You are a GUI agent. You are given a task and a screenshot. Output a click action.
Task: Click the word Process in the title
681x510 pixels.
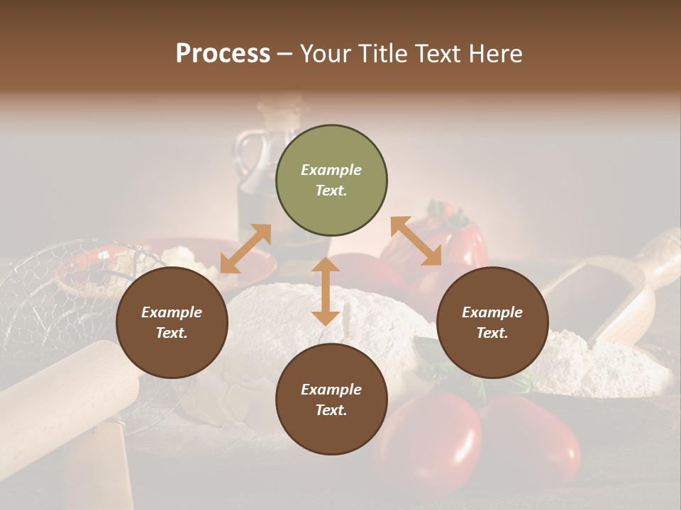(223, 53)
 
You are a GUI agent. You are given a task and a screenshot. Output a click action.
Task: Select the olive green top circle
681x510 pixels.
(331, 181)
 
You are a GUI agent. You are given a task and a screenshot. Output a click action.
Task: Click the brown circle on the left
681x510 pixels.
(172, 323)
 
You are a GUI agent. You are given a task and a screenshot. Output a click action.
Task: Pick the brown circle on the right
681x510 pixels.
(492, 323)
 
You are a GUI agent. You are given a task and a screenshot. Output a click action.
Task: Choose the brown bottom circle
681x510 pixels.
(331, 399)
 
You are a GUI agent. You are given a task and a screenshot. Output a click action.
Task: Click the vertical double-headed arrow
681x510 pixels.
(326, 291)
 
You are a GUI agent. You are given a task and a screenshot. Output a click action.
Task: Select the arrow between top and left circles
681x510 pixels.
(245, 249)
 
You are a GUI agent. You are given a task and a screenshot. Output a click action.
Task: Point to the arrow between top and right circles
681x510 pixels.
(416, 242)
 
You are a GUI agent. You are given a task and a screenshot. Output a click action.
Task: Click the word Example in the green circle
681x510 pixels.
(331, 170)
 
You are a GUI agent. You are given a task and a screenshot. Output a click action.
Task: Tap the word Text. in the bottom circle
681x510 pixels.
(331, 410)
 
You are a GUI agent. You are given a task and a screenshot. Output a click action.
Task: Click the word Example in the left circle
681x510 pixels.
(172, 312)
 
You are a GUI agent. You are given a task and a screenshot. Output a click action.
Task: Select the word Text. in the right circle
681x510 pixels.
(492, 333)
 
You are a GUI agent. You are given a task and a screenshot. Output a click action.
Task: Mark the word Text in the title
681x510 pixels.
(443, 53)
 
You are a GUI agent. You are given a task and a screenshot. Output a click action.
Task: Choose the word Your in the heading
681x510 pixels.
(323, 53)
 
